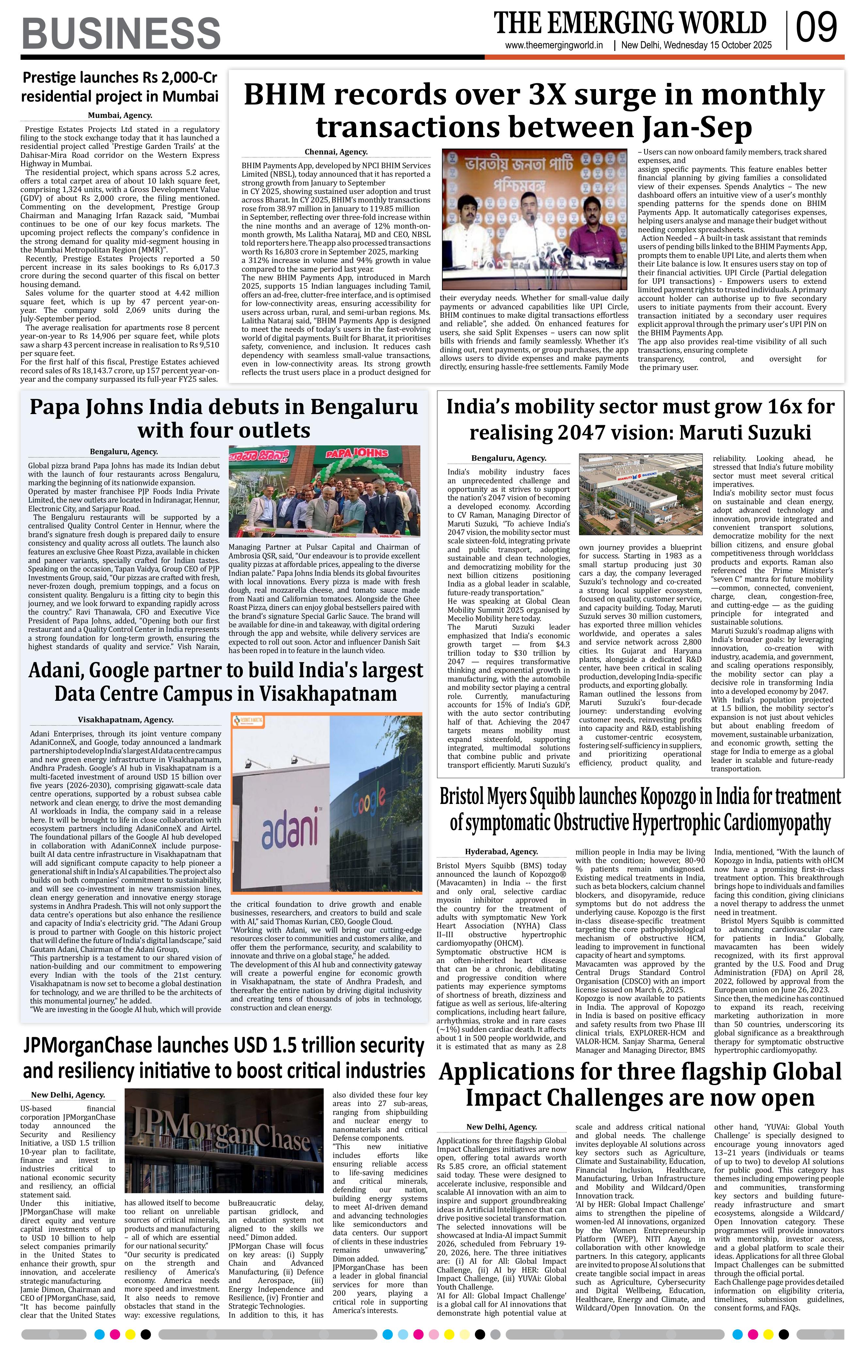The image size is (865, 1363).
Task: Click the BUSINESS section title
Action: pos(121,33)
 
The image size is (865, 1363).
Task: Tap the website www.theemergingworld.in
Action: pos(554,46)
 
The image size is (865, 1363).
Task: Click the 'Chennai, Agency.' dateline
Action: pos(336,152)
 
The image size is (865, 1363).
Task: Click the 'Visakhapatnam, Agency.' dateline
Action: pos(126,720)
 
